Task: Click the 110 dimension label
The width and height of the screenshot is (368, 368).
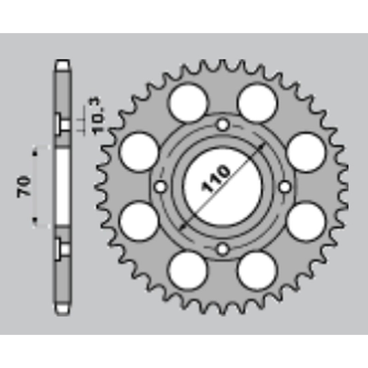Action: (215, 178)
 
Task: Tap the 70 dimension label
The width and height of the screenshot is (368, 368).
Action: (24, 186)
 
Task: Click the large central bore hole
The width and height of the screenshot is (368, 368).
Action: (223, 187)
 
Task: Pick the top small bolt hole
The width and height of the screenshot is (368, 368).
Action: (223, 125)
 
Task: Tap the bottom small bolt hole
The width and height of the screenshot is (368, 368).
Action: (222, 249)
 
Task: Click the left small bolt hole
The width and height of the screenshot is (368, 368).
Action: (161, 187)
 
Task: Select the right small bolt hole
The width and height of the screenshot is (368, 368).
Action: (285, 187)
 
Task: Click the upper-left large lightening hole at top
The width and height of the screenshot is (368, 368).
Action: (189, 103)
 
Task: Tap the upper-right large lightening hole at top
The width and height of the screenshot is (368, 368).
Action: (257, 103)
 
